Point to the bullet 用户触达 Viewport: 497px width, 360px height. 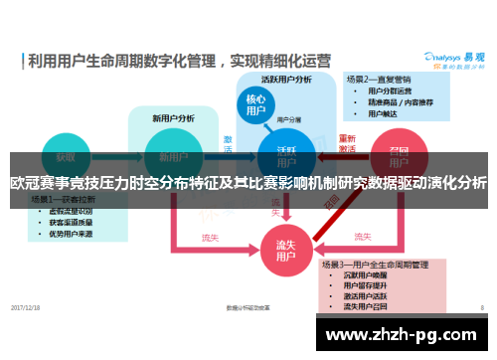(384, 113)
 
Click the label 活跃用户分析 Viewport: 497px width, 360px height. (286, 79)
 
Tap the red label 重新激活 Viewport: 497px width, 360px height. (347, 143)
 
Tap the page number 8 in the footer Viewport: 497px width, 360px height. (482, 307)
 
